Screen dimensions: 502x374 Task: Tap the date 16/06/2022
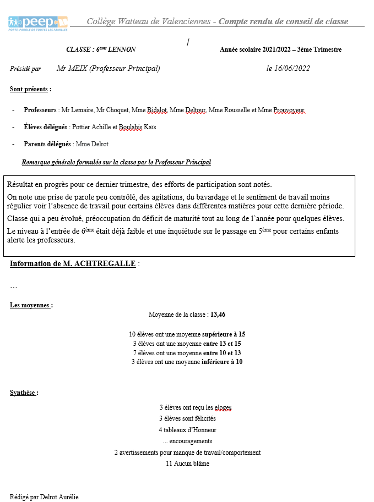click(x=288, y=69)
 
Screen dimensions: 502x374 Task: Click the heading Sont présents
click(x=30, y=89)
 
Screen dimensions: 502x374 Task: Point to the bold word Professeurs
click(x=40, y=110)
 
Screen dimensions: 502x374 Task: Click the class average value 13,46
click(x=218, y=315)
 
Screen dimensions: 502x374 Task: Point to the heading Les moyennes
click(x=31, y=305)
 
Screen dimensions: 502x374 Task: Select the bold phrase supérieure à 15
click(x=224, y=334)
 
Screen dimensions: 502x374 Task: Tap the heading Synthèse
click(x=24, y=393)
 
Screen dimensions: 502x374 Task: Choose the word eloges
click(x=223, y=407)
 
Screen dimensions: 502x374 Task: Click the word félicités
click(x=204, y=418)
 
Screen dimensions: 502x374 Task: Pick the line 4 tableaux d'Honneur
click(x=187, y=430)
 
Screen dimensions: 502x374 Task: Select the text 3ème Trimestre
click(x=319, y=49)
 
